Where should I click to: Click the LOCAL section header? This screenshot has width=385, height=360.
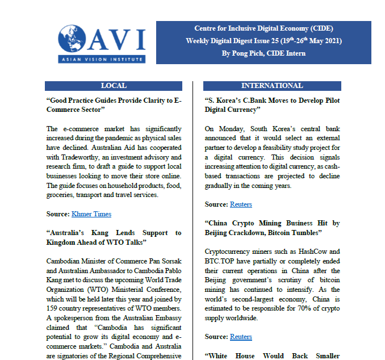pyautogui.click(x=114, y=86)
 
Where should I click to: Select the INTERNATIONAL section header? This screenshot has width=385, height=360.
pyautogui.click(x=272, y=86)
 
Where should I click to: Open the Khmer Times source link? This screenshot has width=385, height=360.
pyautogui.click(x=91, y=214)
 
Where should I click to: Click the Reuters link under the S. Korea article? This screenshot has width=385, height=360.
pyautogui.click(x=241, y=204)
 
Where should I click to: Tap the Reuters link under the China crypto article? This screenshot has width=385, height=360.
pyautogui.click(x=241, y=337)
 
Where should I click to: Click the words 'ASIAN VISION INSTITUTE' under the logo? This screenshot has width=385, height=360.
pyautogui.click(x=101, y=59)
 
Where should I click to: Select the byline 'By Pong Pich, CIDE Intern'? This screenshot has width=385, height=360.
pyautogui.click(x=263, y=53)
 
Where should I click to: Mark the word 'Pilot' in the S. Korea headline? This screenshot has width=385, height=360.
pyautogui.click(x=327, y=100)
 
